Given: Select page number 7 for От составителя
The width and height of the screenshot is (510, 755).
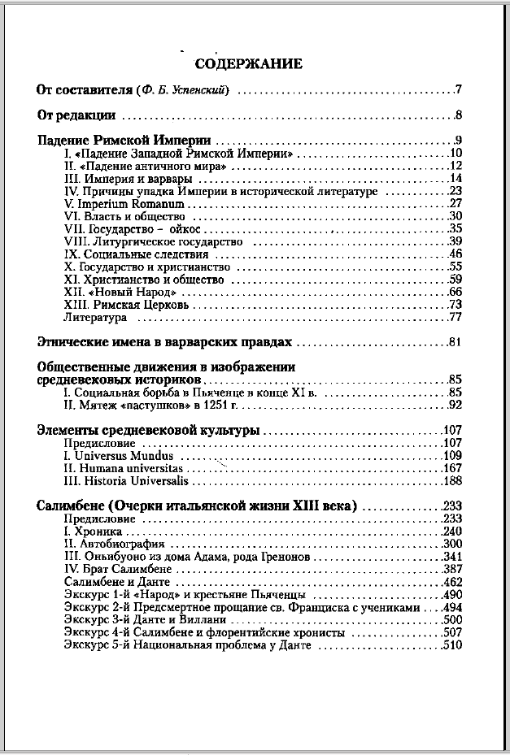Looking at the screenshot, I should (x=459, y=89).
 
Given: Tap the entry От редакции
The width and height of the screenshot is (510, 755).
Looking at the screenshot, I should (x=77, y=115).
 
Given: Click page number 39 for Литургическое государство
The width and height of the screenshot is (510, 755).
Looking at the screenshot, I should (x=456, y=241).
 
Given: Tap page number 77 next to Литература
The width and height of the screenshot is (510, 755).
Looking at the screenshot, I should (x=456, y=317).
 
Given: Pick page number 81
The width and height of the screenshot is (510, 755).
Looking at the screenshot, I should (x=455, y=342).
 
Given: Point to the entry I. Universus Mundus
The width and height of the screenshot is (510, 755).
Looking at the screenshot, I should (x=118, y=456).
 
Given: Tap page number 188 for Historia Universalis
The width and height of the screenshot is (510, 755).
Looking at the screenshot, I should (x=452, y=481).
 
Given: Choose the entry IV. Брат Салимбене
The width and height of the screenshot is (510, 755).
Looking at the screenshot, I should (x=117, y=570).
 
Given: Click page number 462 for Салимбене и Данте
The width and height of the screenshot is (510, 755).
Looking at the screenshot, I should (x=452, y=582).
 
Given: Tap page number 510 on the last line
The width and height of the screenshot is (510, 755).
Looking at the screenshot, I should (x=452, y=645).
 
